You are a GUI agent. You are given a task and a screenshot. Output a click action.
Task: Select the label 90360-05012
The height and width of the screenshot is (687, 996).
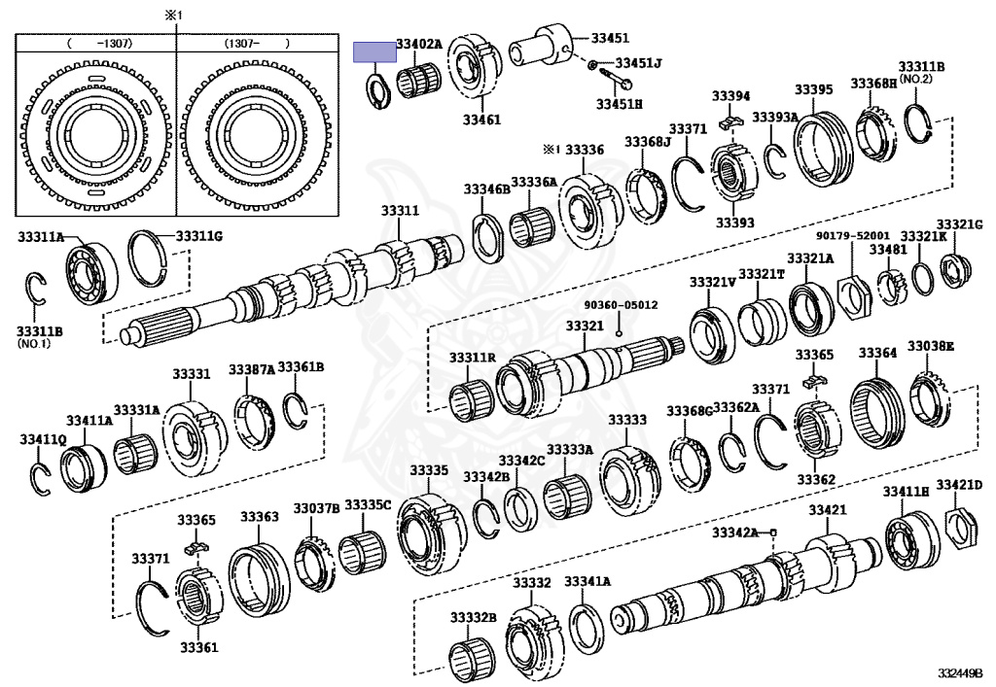[621, 304]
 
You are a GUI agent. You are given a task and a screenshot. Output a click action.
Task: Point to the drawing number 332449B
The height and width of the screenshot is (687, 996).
[960, 672]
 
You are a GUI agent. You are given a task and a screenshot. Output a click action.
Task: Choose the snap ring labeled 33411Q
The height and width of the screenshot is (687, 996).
[40, 477]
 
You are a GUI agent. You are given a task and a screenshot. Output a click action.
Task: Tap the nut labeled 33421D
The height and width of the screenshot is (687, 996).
[959, 528]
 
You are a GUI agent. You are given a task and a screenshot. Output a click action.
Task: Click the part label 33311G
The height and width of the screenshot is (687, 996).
[199, 236]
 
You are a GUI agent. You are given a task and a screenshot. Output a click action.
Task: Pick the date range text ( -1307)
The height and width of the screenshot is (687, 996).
[95, 44]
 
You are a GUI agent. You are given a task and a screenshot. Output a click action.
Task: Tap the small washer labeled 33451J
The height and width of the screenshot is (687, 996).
[593, 65]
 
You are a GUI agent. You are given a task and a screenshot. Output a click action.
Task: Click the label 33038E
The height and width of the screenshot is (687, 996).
[931, 346]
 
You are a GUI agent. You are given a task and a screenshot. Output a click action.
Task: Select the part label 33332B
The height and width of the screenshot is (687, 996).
[473, 618]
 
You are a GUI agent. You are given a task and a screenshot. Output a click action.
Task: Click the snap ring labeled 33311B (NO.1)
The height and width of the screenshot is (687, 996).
[36, 289]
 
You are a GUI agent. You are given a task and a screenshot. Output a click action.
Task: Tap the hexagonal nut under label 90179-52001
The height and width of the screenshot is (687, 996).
[853, 290]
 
